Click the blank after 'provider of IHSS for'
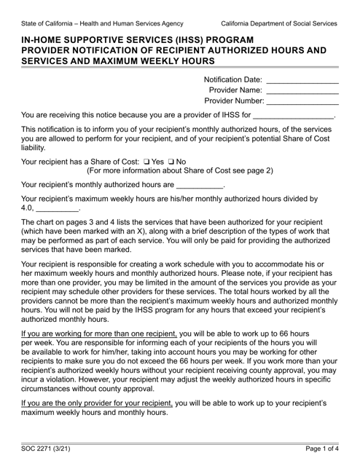[x=292, y=117]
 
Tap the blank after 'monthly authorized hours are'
[x=200, y=187]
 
